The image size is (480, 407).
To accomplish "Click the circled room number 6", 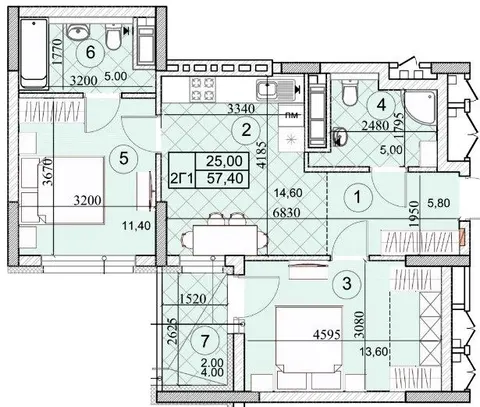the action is click(90, 52).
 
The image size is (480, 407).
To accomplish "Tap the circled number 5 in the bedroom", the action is click(124, 158).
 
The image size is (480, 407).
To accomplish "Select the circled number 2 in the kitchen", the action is click(246, 130).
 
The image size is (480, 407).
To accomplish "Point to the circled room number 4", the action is click(381, 105).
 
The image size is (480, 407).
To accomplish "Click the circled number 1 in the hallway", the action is click(357, 197).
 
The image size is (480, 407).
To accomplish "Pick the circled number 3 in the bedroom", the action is click(347, 284).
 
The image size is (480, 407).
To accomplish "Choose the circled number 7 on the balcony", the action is click(205, 341).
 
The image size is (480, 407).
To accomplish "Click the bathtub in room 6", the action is click(34, 54).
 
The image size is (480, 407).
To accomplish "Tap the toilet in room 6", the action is click(114, 37).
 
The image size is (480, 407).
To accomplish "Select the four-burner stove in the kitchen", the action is click(201, 90).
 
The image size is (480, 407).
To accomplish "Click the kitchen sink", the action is click(276, 90).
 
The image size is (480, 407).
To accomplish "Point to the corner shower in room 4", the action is click(420, 107).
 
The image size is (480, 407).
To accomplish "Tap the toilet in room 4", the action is click(350, 93).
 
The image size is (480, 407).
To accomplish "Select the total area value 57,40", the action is click(225, 179).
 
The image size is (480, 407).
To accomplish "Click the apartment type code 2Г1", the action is click(182, 179).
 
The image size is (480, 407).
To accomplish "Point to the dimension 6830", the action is click(286, 212).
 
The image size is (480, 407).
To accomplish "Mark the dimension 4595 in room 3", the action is click(327, 334).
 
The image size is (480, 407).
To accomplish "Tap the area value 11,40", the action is click(136, 226).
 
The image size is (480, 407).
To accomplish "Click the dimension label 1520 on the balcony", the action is click(193, 298).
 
